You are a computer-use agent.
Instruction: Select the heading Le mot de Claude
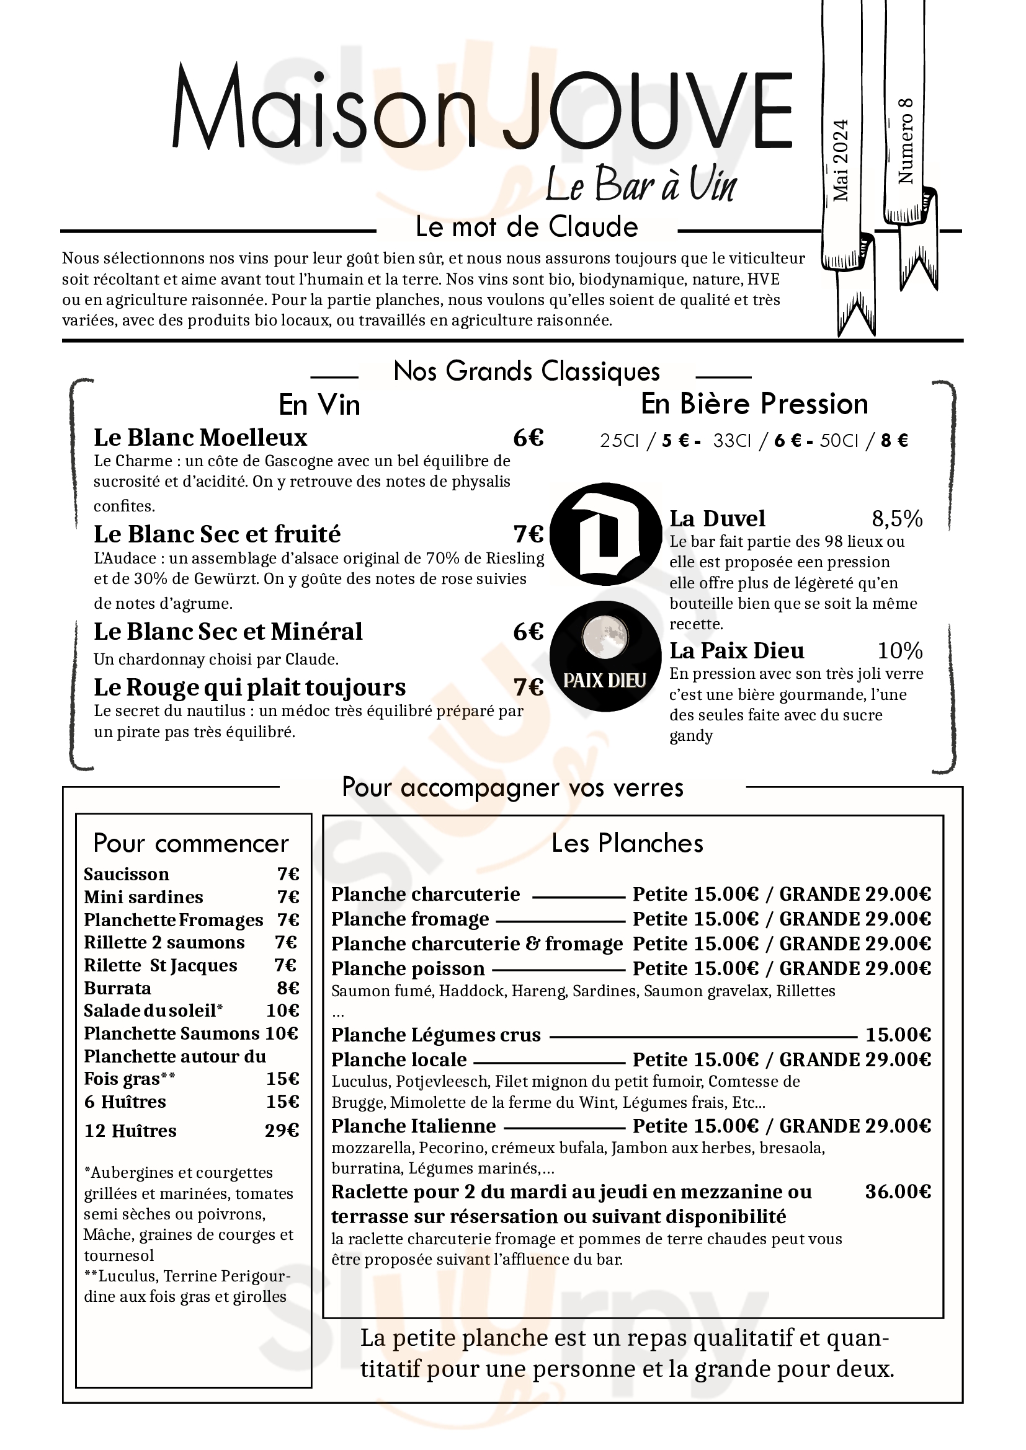click(526, 227)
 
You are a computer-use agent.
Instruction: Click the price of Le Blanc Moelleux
click(528, 438)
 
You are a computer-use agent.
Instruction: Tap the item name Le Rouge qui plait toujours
click(249, 687)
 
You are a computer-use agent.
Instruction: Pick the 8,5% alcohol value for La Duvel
click(896, 519)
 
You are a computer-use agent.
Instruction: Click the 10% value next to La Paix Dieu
click(899, 650)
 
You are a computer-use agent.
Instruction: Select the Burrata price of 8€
click(287, 988)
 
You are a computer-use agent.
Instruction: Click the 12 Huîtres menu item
click(130, 1131)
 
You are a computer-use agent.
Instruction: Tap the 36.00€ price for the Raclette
click(897, 1191)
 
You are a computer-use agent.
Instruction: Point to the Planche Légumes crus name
click(436, 1035)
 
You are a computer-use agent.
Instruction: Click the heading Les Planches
click(627, 843)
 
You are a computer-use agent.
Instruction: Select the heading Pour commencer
click(191, 843)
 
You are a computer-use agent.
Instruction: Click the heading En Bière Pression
click(754, 404)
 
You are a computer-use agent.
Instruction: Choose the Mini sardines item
click(143, 897)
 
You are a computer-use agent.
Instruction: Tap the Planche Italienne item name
click(413, 1125)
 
